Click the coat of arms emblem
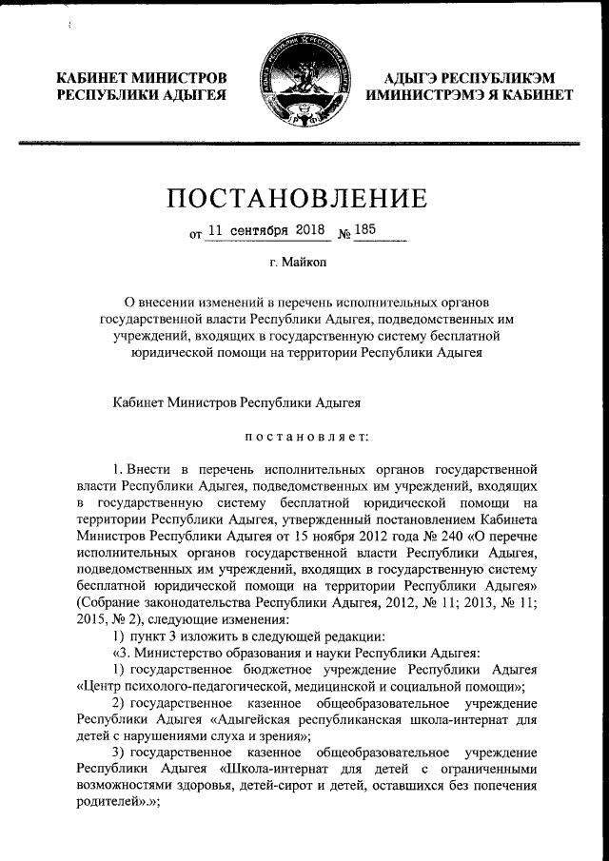pos(305,84)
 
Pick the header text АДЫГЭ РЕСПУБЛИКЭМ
pos(470,77)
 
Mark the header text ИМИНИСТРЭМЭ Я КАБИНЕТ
pos(470,95)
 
